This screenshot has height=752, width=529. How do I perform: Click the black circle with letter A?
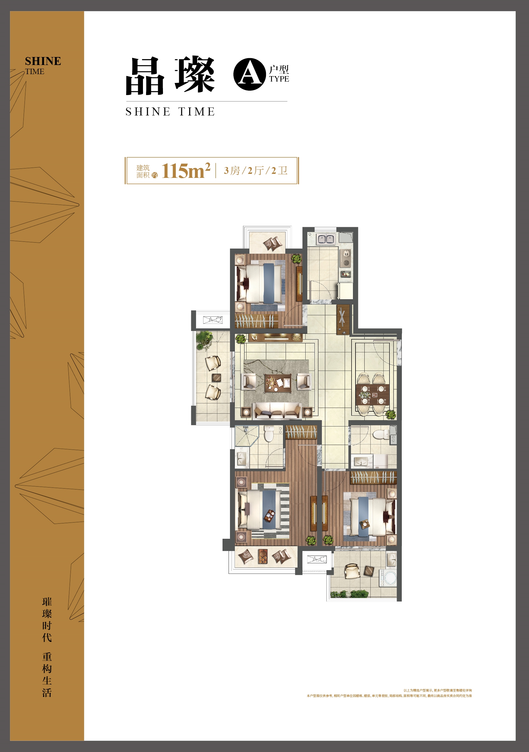click(x=249, y=74)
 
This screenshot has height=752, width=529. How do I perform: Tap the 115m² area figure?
click(x=186, y=171)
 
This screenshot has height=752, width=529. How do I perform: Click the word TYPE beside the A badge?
click(x=279, y=79)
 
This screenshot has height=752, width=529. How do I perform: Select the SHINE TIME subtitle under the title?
click(x=170, y=112)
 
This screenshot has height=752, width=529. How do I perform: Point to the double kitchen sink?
click(x=326, y=239)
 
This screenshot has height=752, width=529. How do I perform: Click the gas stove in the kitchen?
click(x=346, y=258)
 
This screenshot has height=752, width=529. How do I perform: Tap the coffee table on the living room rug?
click(x=278, y=383)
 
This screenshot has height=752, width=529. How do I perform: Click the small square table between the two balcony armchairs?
click(x=216, y=378)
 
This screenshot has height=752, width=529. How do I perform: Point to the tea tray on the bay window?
click(x=263, y=556)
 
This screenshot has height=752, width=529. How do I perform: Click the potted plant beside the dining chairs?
click(x=391, y=414)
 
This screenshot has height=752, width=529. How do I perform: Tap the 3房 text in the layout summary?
click(x=232, y=171)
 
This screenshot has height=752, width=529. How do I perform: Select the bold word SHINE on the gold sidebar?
click(x=43, y=61)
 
